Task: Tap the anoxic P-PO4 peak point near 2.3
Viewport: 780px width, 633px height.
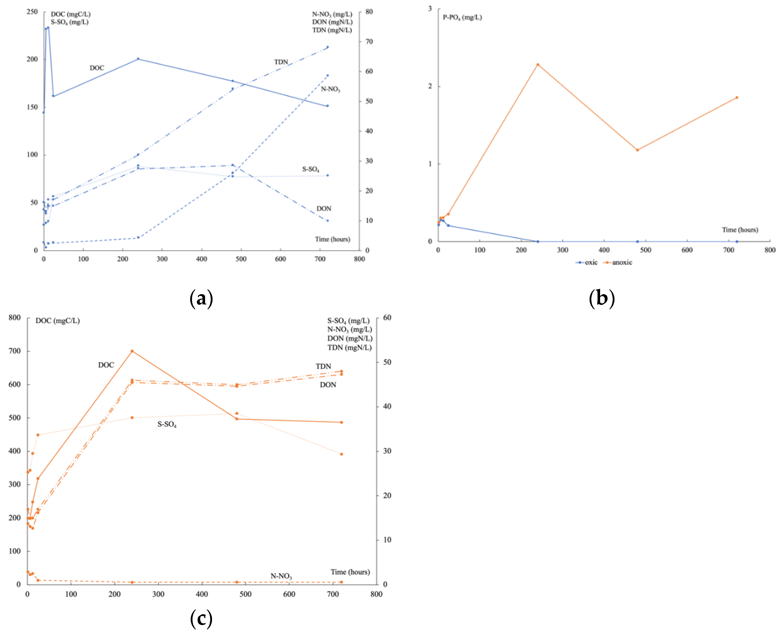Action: point(537,64)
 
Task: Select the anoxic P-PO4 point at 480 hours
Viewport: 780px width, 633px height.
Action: point(637,150)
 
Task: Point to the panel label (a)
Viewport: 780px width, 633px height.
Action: point(201,298)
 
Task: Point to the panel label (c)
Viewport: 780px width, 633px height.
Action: point(201,618)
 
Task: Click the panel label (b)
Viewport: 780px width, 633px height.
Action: point(602,298)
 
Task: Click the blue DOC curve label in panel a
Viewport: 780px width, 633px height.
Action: point(97,68)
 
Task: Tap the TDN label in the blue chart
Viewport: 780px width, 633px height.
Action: point(281,62)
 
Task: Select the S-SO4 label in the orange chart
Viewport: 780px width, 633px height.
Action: point(167,424)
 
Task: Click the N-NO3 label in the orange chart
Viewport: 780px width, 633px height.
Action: point(281,576)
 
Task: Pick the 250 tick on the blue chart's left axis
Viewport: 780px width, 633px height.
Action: point(32,12)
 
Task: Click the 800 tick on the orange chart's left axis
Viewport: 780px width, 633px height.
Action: point(15,318)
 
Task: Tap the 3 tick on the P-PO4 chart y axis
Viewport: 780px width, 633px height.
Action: point(430,8)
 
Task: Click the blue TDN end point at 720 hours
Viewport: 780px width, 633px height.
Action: point(327,47)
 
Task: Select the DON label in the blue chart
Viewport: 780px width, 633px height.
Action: point(324,209)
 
